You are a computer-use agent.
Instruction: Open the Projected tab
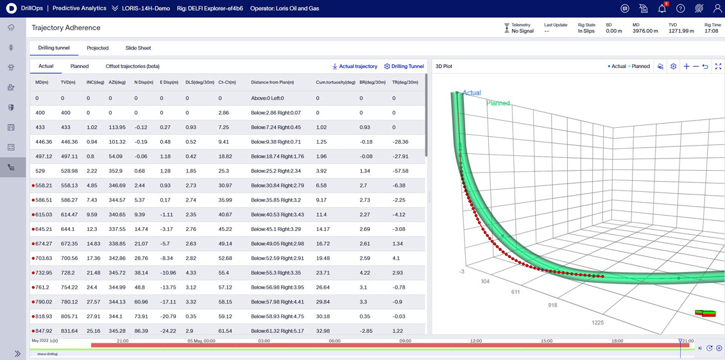pos(98,48)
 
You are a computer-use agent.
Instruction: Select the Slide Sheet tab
pos(138,48)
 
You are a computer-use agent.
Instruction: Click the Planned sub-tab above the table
pos(80,66)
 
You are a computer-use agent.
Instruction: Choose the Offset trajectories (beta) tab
pos(132,66)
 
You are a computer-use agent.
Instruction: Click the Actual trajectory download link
pos(355,66)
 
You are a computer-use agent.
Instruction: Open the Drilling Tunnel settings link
pos(404,66)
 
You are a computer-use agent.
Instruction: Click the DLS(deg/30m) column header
pos(200,82)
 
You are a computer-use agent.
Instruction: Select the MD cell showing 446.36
pos(43,142)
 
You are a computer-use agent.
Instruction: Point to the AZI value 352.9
pos(116,171)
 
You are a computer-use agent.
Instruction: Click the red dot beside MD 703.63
pos(33,259)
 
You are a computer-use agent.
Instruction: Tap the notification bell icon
pos(661,9)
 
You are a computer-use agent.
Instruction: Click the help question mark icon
pos(680,9)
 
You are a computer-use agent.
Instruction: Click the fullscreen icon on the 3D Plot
pos(718,67)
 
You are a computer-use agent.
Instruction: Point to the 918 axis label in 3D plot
pos(552,305)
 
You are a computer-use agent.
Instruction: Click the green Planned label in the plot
pos(498,103)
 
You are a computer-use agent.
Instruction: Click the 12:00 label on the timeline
pos(475,341)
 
